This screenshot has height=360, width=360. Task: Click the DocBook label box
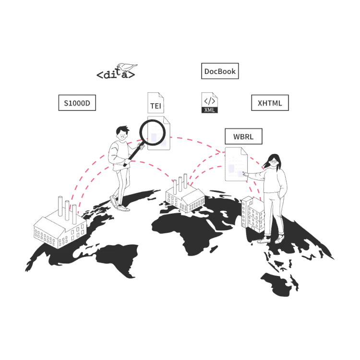[x=220, y=71]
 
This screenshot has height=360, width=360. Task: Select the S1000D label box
[x=77, y=103]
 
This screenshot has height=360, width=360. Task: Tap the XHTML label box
[x=270, y=103]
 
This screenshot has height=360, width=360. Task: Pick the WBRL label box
[x=243, y=136]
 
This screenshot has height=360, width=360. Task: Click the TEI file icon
[x=156, y=103]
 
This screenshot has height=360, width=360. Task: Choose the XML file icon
[x=210, y=103]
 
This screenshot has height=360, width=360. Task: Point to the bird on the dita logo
[x=127, y=67]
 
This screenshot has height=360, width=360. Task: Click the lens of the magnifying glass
[x=153, y=132]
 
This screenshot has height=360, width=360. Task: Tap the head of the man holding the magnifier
[x=122, y=132]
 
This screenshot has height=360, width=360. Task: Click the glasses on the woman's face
[x=274, y=161]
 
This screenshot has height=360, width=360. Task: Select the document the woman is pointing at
[x=236, y=164]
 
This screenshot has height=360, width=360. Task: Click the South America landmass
[x=118, y=259]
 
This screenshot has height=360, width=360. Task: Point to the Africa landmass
[x=184, y=229]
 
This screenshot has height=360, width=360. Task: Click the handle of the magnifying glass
[x=134, y=154]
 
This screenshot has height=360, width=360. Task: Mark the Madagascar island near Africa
[x=214, y=249]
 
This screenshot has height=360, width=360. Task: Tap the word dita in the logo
[x=116, y=74]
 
